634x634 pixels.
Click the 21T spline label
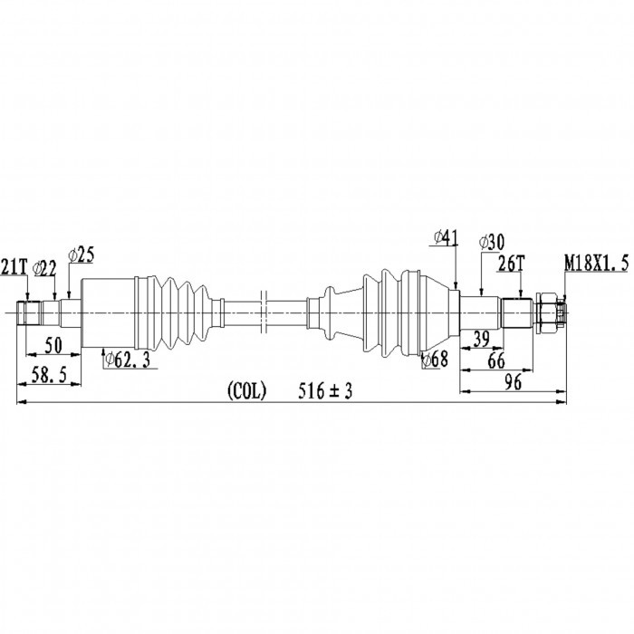pyautogui.click(x=14, y=267)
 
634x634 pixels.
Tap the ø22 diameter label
pyautogui.click(x=45, y=268)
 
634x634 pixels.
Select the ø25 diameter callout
pyautogui.click(x=82, y=255)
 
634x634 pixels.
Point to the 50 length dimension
pyautogui.click(x=53, y=345)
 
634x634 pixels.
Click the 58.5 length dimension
pyautogui.click(x=49, y=376)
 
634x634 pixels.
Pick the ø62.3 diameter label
pyautogui.click(x=127, y=360)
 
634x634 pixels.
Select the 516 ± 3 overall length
pyautogui.click(x=325, y=391)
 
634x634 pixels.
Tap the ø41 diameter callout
pyautogui.click(x=446, y=237)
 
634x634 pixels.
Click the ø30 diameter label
pyautogui.click(x=491, y=243)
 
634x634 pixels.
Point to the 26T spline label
pyautogui.click(x=511, y=264)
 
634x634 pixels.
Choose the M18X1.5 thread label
pyautogui.click(x=596, y=264)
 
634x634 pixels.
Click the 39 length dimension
pyautogui.click(x=481, y=340)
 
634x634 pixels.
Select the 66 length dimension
pyautogui.click(x=496, y=360)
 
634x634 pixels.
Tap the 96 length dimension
pyautogui.click(x=513, y=382)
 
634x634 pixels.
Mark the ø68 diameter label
pyautogui.click(x=435, y=359)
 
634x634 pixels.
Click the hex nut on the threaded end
pyautogui.click(x=545, y=312)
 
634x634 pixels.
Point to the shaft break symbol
pyautogui.click(x=264, y=312)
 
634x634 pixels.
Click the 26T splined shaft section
pyautogui.click(x=517, y=312)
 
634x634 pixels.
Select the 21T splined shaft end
pyautogui.click(x=29, y=312)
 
